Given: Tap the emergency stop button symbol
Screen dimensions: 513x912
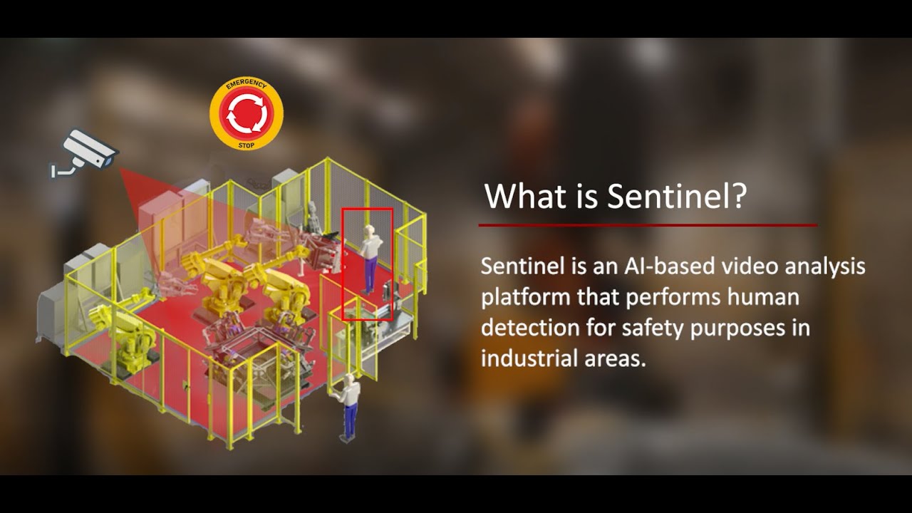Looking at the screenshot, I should click(x=247, y=114).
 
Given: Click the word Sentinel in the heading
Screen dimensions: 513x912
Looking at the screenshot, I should click(x=668, y=196).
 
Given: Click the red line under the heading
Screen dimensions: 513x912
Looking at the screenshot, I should click(x=647, y=225).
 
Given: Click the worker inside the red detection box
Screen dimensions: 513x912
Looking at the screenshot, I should click(x=368, y=258).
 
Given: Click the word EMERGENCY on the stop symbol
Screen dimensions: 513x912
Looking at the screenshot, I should click(x=245, y=86).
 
